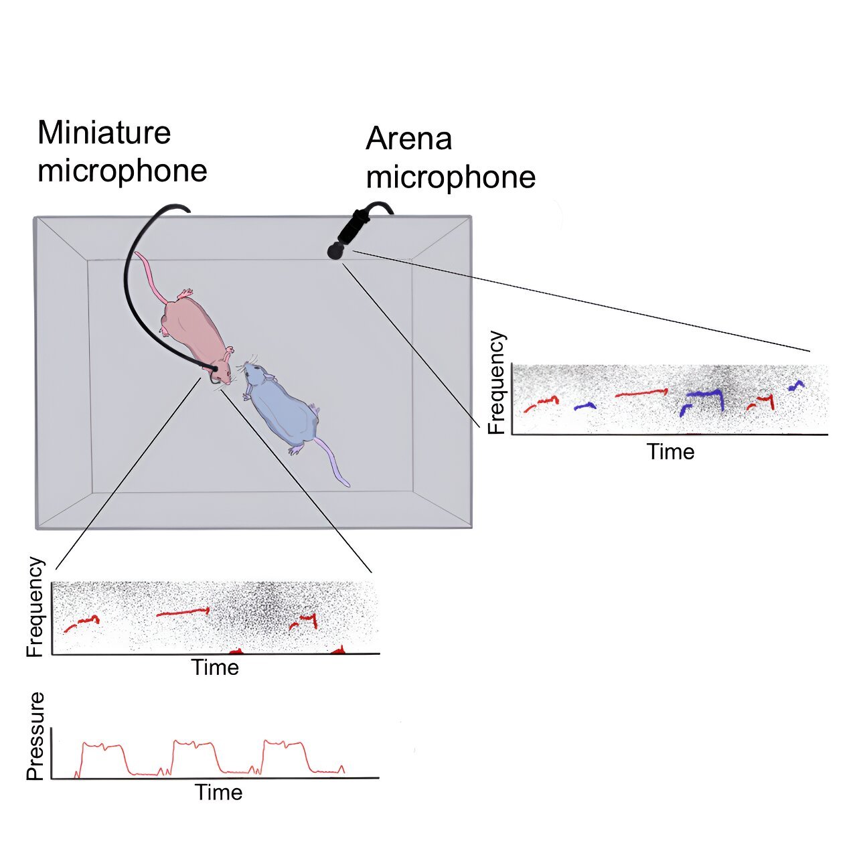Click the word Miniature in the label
104,133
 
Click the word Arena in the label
408,139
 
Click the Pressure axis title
35,736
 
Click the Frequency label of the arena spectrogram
497,382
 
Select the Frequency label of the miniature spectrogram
35,607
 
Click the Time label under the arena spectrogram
671,451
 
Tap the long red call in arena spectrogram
641,393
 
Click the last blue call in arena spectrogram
796,385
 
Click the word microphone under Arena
451,177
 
